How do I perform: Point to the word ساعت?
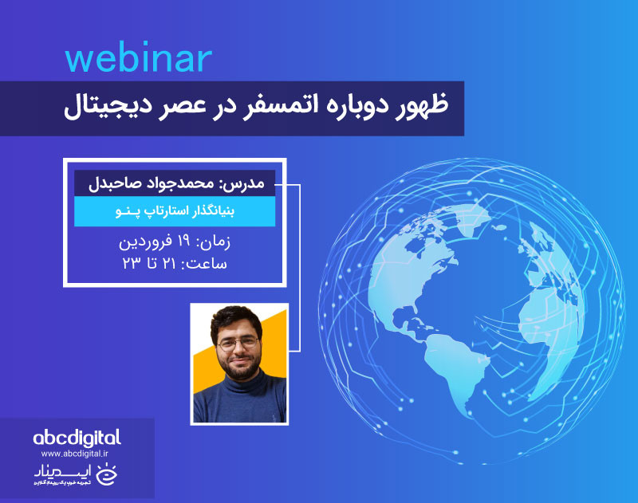(208, 263)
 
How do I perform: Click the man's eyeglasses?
(238, 344)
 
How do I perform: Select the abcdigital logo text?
(77, 438)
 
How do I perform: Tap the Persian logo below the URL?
(77, 476)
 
